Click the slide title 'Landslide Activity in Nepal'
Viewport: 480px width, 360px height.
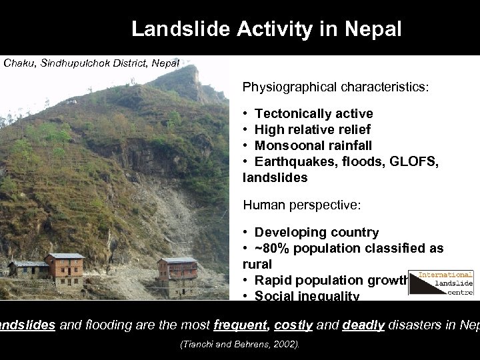point(267,29)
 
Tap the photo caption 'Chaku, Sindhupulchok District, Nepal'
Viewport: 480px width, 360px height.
point(91,63)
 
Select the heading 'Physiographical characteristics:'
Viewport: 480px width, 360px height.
point(335,87)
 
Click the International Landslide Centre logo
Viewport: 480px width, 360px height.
point(441,283)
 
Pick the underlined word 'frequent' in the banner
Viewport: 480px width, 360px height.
point(241,325)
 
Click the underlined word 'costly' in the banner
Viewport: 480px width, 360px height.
point(293,325)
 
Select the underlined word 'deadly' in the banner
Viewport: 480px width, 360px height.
point(364,325)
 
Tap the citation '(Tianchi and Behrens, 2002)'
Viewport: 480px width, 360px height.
point(240,345)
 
